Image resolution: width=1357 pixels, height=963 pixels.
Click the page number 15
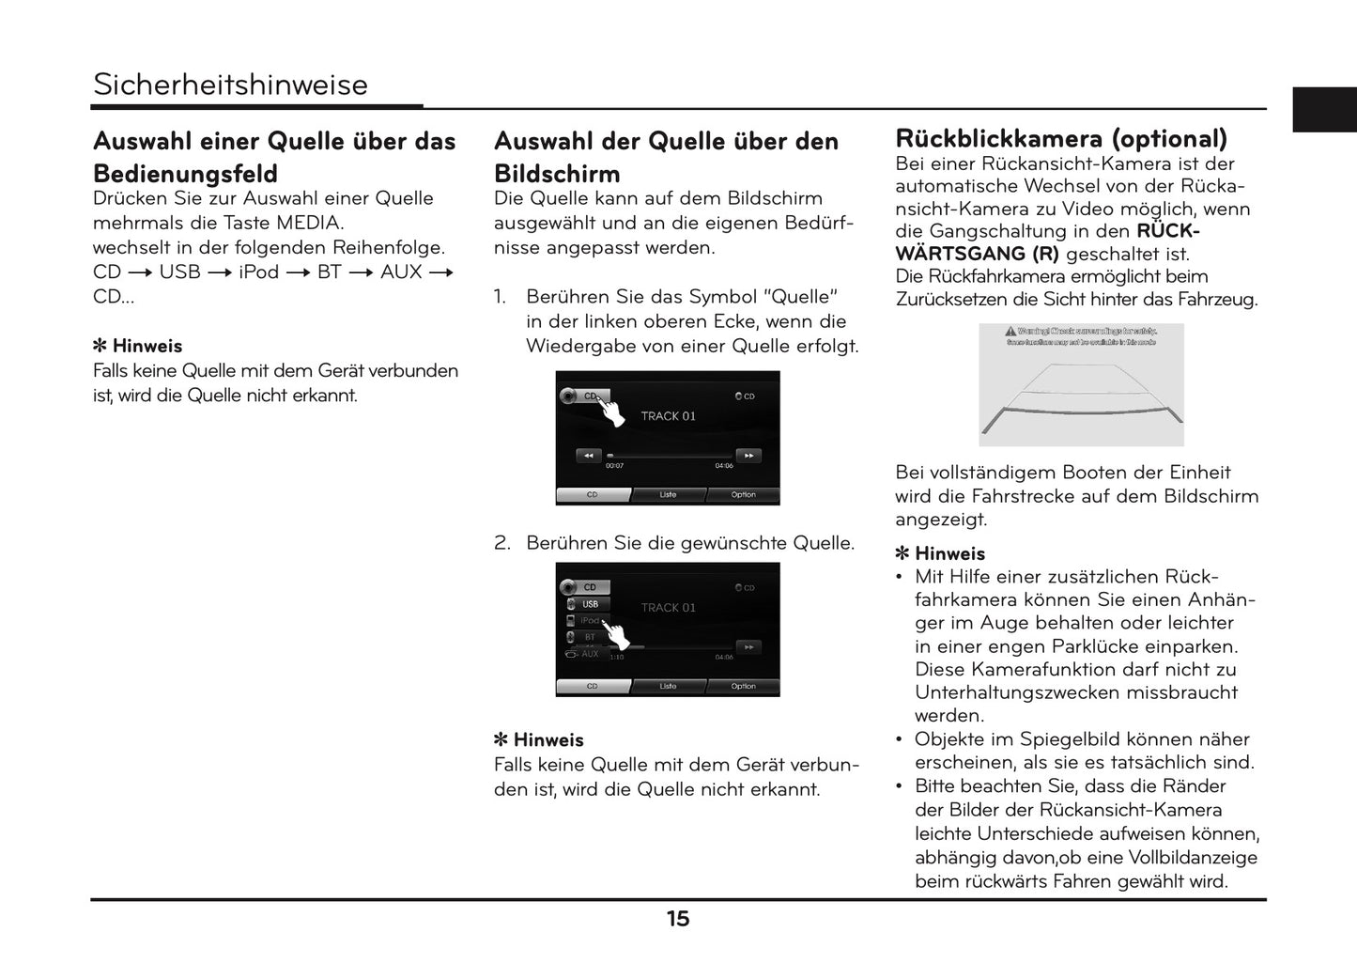coord(678,919)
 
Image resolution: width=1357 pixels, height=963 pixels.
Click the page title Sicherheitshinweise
coord(230,85)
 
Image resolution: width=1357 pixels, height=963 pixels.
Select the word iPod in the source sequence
coord(258,272)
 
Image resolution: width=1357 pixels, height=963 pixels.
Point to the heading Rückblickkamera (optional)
coord(1061,139)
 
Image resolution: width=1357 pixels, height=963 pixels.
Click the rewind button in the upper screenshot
coord(589,456)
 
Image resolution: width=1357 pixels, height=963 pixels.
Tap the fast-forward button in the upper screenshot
coord(748,456)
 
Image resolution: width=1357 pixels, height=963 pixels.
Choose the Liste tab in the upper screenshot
coord(668,495)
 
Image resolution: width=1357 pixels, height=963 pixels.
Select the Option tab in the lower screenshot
coord(743,687)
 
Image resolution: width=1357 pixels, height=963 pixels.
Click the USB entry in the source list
coord(590,604)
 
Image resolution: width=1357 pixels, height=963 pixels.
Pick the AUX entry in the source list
coord(589,654)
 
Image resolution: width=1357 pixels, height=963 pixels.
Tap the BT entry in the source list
coord(590,637)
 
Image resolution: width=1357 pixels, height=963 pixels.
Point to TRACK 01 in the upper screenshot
coord(668,416)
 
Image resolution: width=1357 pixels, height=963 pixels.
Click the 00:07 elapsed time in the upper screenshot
coord(614,466)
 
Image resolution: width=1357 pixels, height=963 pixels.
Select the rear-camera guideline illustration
coord(1081,385)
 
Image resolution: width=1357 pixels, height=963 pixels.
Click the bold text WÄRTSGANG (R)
coord(977,255)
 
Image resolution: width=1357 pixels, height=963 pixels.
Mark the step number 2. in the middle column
coord(502,543)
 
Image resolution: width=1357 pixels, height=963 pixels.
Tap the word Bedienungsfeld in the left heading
coord(185,175)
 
